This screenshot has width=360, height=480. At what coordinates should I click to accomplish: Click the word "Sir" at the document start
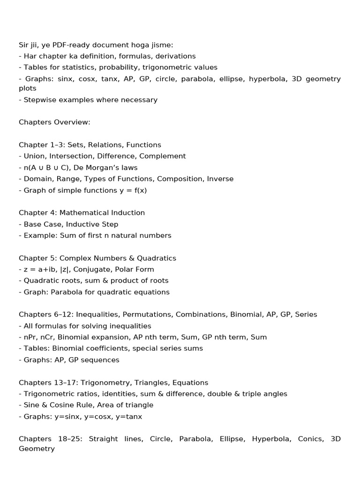point(24,45)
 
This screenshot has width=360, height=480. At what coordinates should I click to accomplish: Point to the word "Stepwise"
point(40,100)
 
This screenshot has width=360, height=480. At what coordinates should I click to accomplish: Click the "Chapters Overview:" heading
point(54,122)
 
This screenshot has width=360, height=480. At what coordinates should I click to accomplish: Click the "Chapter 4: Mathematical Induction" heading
point(82,213)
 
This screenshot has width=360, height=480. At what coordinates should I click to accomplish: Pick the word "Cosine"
point(60,405)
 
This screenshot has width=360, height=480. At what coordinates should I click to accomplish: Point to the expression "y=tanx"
point(129,416)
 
